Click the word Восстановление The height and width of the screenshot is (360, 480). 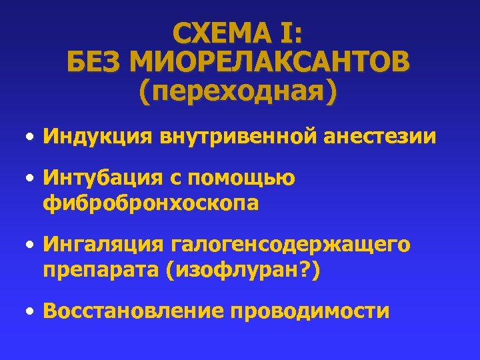point(131,311)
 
